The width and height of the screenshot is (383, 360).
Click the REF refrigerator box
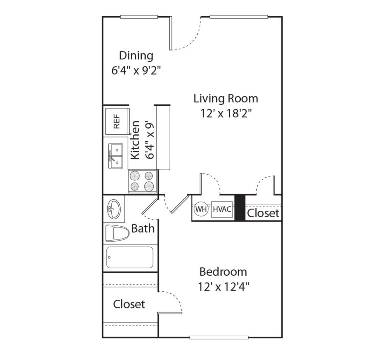116,122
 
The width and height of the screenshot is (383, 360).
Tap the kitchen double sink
116,155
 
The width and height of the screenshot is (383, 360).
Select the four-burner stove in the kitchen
143,181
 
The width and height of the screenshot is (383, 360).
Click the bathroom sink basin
113,209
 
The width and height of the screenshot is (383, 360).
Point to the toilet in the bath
116,232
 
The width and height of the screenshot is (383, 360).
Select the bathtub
129,257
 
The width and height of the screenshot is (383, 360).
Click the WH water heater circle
201,209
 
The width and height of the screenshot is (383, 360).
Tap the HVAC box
222,209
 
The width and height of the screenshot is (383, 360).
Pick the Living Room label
226,98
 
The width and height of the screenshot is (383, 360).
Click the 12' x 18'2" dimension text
226,113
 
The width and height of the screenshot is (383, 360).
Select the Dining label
136,55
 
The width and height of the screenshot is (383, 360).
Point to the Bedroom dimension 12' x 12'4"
223,287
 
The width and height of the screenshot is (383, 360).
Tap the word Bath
143,229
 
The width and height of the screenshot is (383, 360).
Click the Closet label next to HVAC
263,213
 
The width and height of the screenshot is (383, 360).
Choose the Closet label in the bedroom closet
129,304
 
